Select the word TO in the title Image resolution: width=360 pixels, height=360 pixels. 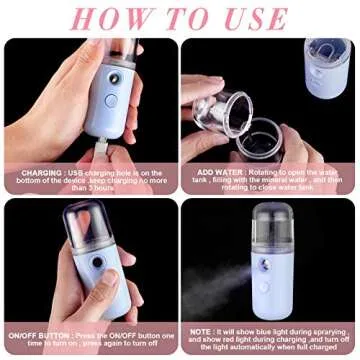pos(183,18)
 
